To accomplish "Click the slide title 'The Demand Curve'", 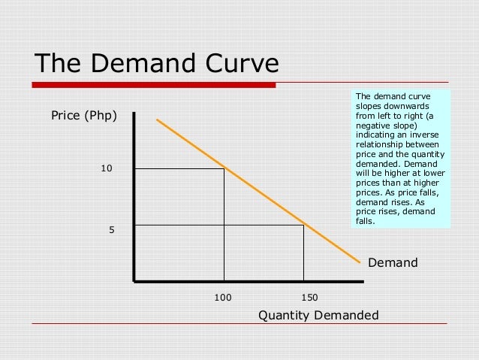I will click(156, 63).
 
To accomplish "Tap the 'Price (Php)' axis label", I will click(83, 116).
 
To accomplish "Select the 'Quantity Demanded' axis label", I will click(318, 315).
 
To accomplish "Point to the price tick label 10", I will click(107, 168).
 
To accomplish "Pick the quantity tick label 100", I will click(223, 297).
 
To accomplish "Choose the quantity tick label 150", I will click(308, 297).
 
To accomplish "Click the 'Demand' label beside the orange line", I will click(392, 263).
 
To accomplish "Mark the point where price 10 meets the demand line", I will click(224, 168).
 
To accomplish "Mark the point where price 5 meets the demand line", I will click(303, 225).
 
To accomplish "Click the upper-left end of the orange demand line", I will click(158, 119).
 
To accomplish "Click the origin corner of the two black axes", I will click(134, 281).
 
